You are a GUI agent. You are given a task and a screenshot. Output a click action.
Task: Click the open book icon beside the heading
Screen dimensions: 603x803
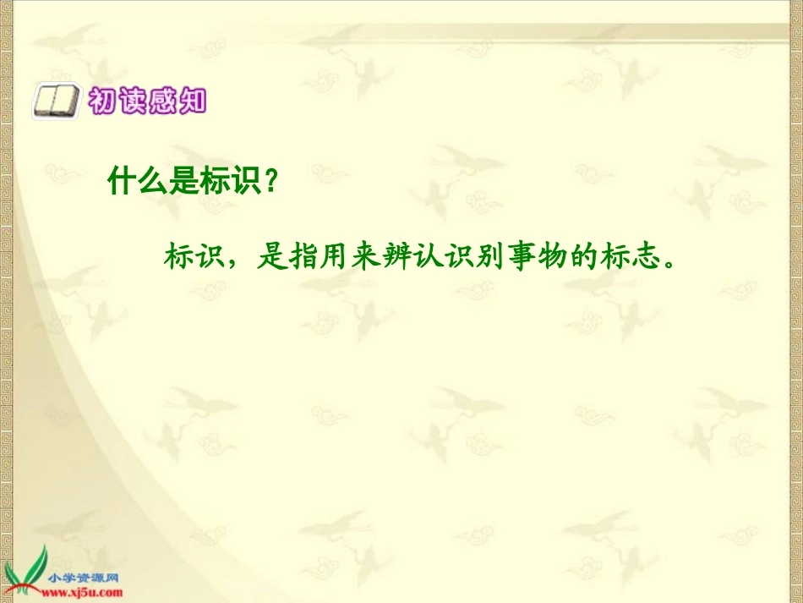55,102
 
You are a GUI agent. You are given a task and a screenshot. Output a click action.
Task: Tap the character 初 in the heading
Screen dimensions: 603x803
101,102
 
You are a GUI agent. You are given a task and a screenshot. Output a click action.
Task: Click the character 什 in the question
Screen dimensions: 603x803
122,181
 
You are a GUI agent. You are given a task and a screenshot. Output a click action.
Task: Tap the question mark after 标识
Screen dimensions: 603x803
270,181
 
